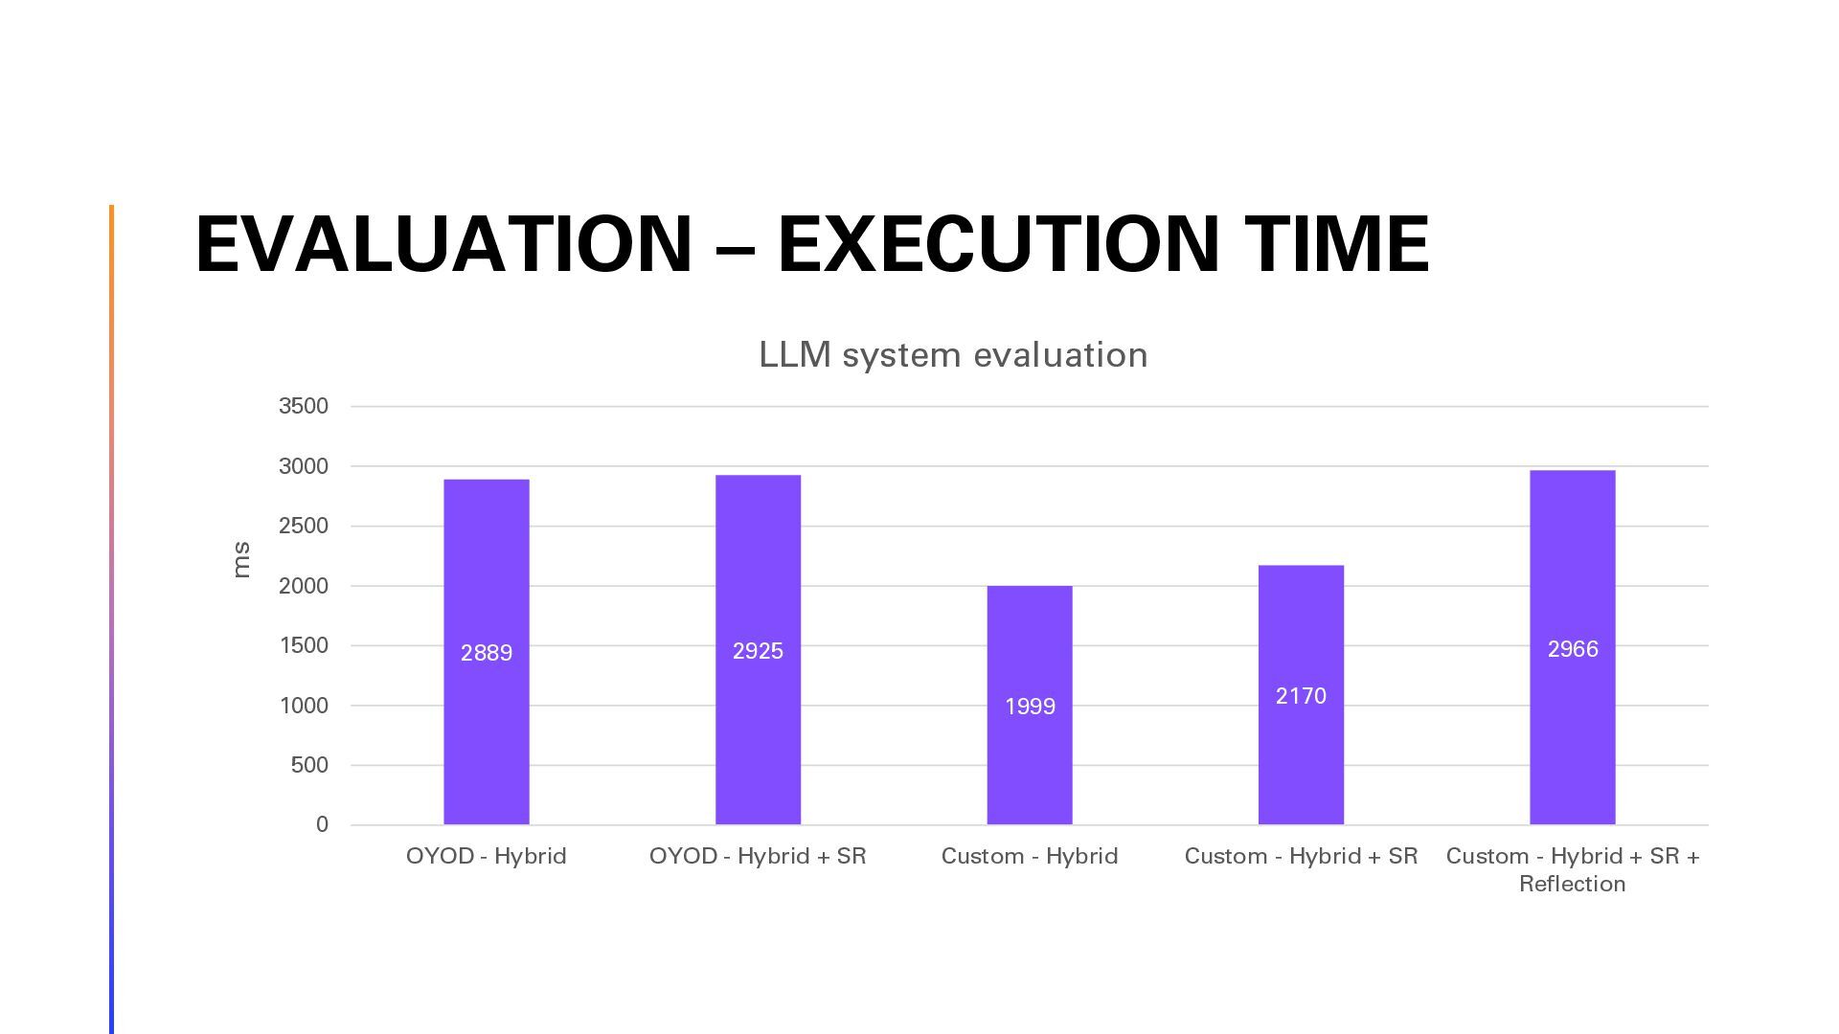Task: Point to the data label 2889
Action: point(487,653)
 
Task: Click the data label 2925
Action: point(758,651)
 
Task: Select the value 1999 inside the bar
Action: point(1030,707)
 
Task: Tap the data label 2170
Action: point(1301,696)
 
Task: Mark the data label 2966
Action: point(1573,649)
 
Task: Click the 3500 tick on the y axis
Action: point(304,406)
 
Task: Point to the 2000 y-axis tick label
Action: point(304,586)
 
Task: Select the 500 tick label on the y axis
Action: point(309,765)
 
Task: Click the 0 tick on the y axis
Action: point(322,824)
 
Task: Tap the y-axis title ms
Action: point(241,560)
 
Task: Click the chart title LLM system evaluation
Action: point(953,355)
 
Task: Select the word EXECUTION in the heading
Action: point(996,244)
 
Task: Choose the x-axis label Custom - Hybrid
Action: point(1030,856)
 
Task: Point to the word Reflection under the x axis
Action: point(1573,884)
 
